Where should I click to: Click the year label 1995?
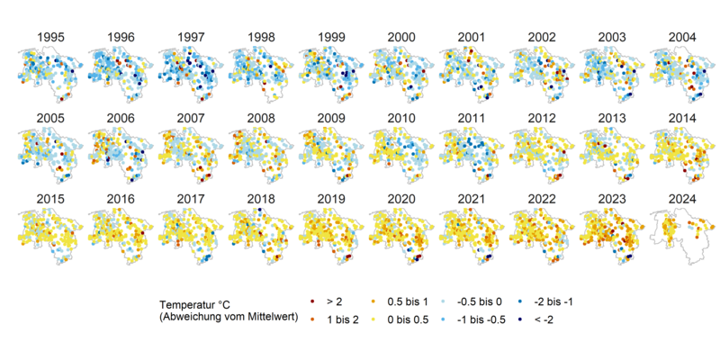tap(50, 37)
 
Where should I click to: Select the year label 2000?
tap(401, 37)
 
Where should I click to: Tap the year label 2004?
tap(683, 37)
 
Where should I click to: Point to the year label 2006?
tap(121, 118)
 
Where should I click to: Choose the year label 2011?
tap(472, 118)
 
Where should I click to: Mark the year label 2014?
tap(683, 118)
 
